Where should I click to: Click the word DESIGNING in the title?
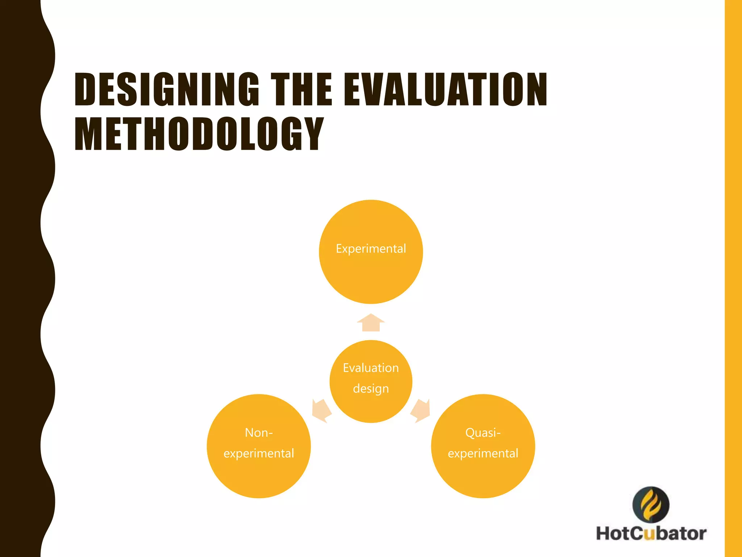(167, 89)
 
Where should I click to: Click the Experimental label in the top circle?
(371, 249)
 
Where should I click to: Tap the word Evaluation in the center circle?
(371, 368)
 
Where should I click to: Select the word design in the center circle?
(371, 389)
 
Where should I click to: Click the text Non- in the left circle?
(259, 433)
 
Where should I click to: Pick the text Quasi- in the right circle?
(483, 433)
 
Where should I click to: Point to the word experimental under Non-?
(259, 453)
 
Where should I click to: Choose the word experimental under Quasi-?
(483, 453)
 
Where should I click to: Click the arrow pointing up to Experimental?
(371, 322)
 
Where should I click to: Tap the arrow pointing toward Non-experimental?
(321, 411)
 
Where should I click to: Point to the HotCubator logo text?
(651, 534)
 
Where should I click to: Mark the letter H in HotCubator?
(604, 534)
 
